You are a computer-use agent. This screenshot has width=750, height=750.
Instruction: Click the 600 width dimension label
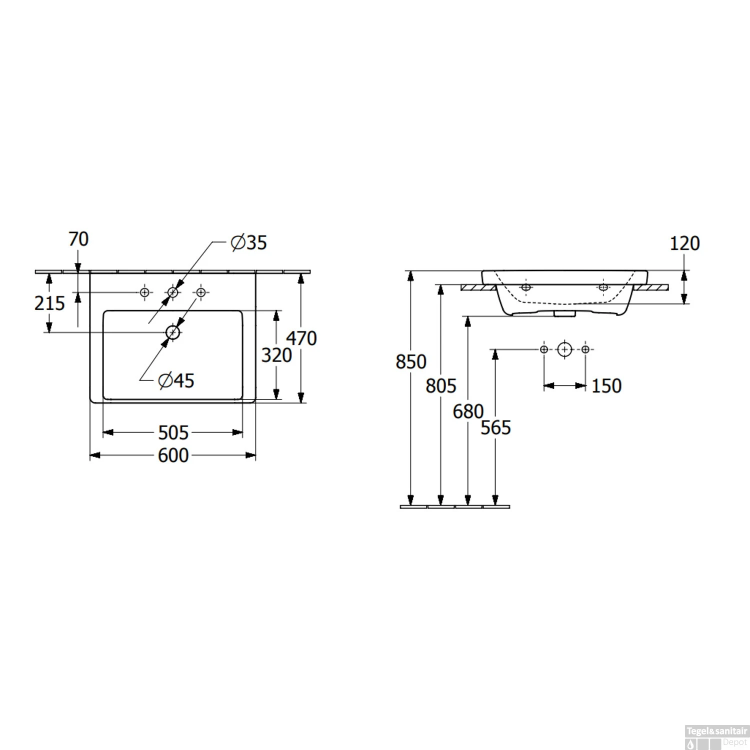point(173,455)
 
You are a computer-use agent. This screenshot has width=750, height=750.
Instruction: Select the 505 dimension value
point(173,432)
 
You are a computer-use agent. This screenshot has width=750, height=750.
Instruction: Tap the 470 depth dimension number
point(301,338)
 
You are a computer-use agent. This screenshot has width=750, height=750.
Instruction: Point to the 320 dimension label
point(276,355)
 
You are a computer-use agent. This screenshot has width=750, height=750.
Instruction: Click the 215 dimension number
point(49,303)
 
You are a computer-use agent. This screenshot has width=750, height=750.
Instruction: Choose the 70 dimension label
point(78,239)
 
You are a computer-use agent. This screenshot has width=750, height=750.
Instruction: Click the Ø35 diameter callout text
point(249,242)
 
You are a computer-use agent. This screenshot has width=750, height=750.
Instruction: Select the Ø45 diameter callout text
point(176,381)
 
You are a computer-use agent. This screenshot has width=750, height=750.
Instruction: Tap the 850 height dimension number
point(411,362)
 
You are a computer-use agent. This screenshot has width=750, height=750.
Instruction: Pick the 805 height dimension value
point(441,386)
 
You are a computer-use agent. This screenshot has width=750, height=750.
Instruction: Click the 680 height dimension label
point(468,411)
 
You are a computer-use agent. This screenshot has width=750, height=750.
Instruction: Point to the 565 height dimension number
point(495,428)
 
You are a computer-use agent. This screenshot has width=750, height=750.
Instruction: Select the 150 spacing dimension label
point(606,386)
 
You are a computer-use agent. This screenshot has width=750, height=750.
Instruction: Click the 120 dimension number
point(684,243)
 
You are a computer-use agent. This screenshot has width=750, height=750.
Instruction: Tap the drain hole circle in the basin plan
point(173,332)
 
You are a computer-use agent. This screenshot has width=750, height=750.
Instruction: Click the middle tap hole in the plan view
point(172,292)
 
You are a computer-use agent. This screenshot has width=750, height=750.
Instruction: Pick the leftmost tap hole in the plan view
point(144,292)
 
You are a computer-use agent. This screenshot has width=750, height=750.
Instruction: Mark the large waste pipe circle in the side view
point(564,349)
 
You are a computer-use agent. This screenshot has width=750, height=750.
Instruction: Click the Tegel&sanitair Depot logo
point(717,737)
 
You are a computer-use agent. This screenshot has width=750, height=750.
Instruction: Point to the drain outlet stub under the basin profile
point(563,313)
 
